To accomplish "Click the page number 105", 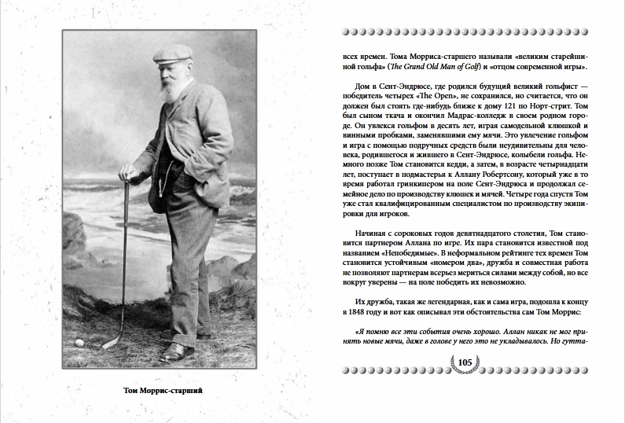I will [x=464, y=362].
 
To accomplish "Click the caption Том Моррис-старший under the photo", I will [x=160, y=391].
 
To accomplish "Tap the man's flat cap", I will [x=173, y=54].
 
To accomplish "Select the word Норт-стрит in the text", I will [x=567, y=106].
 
